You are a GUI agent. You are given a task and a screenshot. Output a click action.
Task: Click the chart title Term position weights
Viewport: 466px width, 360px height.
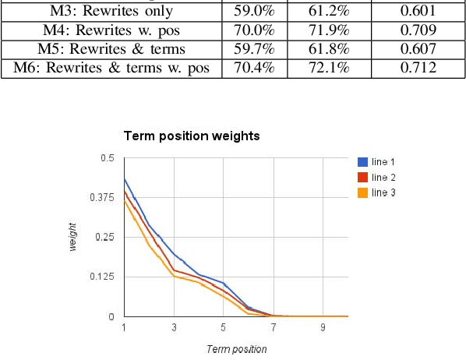(191, 136)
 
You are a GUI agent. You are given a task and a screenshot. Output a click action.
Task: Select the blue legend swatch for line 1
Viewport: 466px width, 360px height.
(362, 162)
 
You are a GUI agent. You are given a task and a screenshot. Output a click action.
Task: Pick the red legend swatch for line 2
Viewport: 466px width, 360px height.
(362, 177)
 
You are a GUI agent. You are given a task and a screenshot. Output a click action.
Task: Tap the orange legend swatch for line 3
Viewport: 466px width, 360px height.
(362, 192)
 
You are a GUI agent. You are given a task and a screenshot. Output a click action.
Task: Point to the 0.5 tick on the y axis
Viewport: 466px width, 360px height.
(108, 158)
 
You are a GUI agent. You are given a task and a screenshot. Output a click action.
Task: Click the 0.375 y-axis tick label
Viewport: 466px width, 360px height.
(103, 198)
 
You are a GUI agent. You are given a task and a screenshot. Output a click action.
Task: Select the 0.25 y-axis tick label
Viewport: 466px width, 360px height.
(105, 238)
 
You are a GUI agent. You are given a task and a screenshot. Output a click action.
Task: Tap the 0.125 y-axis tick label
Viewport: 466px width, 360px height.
(103, 277)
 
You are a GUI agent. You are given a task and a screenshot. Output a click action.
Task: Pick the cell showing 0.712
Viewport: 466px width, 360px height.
(418, 68)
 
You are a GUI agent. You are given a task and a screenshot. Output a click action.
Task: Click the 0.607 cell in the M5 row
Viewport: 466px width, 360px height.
(418, 50)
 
